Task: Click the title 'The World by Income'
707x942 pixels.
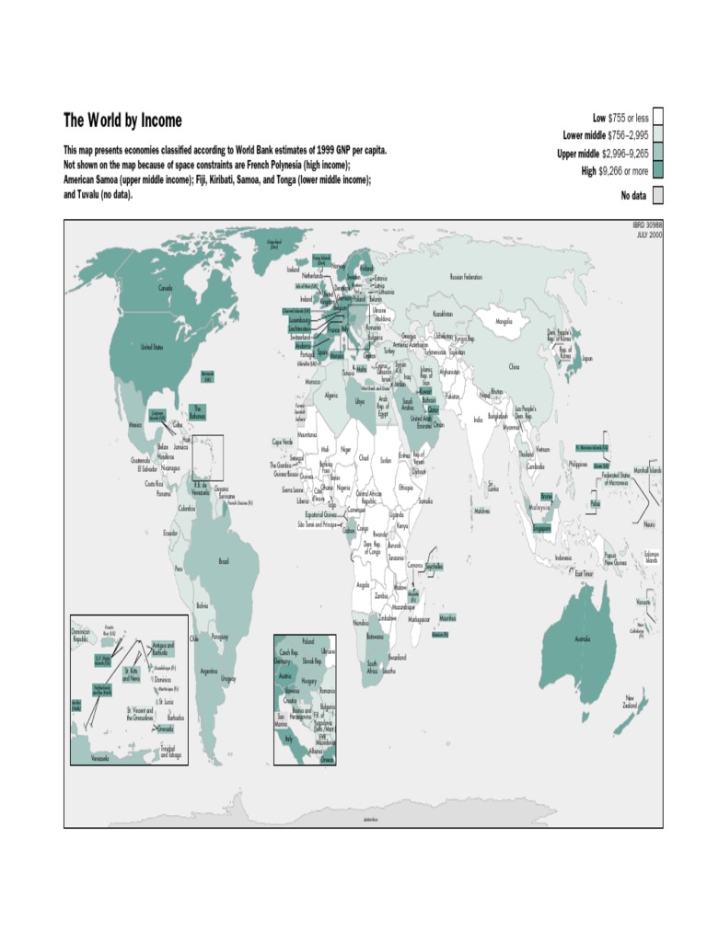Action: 122,121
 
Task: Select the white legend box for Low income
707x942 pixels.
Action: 657,118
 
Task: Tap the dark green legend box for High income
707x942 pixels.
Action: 657,169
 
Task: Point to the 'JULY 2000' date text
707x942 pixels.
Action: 648,235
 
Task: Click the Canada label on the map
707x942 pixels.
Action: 166,288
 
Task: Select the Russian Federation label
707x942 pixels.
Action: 466,276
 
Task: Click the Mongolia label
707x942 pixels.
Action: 504,322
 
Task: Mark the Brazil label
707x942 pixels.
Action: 224,559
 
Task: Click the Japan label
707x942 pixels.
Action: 587,359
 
